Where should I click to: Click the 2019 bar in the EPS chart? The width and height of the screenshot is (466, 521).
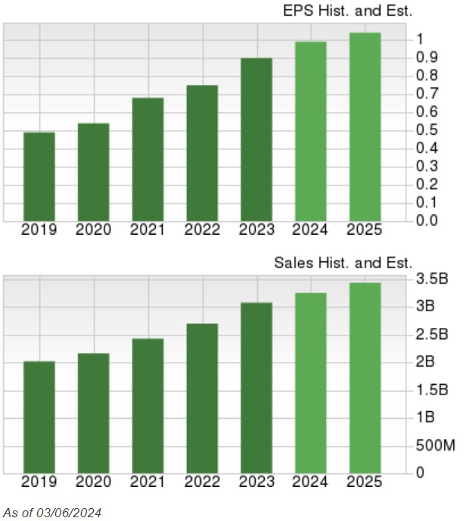point(39,176)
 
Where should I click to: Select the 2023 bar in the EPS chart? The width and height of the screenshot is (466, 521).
point(256,139)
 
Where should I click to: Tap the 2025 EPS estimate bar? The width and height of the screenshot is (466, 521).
point(364,126)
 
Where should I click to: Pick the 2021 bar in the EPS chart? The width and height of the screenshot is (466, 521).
point(148,159)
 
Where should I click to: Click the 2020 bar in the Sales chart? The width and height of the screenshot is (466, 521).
point(94,413)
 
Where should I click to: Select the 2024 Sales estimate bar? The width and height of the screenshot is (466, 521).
point(310,382)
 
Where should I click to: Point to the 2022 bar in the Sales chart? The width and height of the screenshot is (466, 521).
point(202,398)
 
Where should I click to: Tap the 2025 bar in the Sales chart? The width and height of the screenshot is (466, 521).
point(364,377)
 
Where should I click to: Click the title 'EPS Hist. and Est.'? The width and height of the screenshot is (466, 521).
point(348,11)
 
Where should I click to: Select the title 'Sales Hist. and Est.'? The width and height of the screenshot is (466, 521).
point(343,263)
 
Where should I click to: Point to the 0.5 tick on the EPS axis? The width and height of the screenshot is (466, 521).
point(427,129)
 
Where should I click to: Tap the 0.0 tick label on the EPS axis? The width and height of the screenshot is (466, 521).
point(427,220)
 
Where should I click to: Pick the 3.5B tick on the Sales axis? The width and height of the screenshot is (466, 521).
point(432,279)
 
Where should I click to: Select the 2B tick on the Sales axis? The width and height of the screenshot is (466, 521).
point(425,362)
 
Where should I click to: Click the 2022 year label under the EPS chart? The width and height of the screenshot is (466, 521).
point(202,229)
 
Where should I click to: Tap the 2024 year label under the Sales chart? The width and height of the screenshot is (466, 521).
point(310,482)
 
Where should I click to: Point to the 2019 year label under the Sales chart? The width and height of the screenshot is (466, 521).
point(39,482)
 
